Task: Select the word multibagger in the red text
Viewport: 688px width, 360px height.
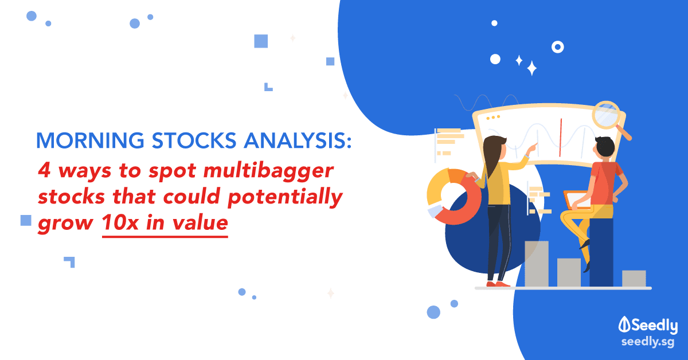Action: [x=268, y=170]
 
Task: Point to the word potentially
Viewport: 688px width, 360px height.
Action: [x=286, y=197]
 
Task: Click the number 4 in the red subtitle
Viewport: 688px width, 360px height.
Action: [x=44, y=170]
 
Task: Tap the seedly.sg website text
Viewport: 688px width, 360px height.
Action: [x=648, y=342]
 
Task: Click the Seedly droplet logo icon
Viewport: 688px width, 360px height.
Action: [x=624, y=324]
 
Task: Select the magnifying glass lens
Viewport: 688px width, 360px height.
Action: [x=605, y=115]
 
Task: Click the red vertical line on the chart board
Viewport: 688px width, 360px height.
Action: [x=561, y=138]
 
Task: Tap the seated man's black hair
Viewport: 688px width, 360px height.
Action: [x=605, y=147]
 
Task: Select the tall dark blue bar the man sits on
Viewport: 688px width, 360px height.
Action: [x=601, y=252]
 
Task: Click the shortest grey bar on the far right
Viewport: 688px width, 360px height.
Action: [x=634, y=278]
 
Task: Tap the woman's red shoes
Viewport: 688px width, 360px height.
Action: [x=498, y=284]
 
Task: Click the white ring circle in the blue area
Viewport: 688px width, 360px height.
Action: [x=557, y=47]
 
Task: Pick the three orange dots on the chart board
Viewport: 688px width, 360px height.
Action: [x=493, y=118]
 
